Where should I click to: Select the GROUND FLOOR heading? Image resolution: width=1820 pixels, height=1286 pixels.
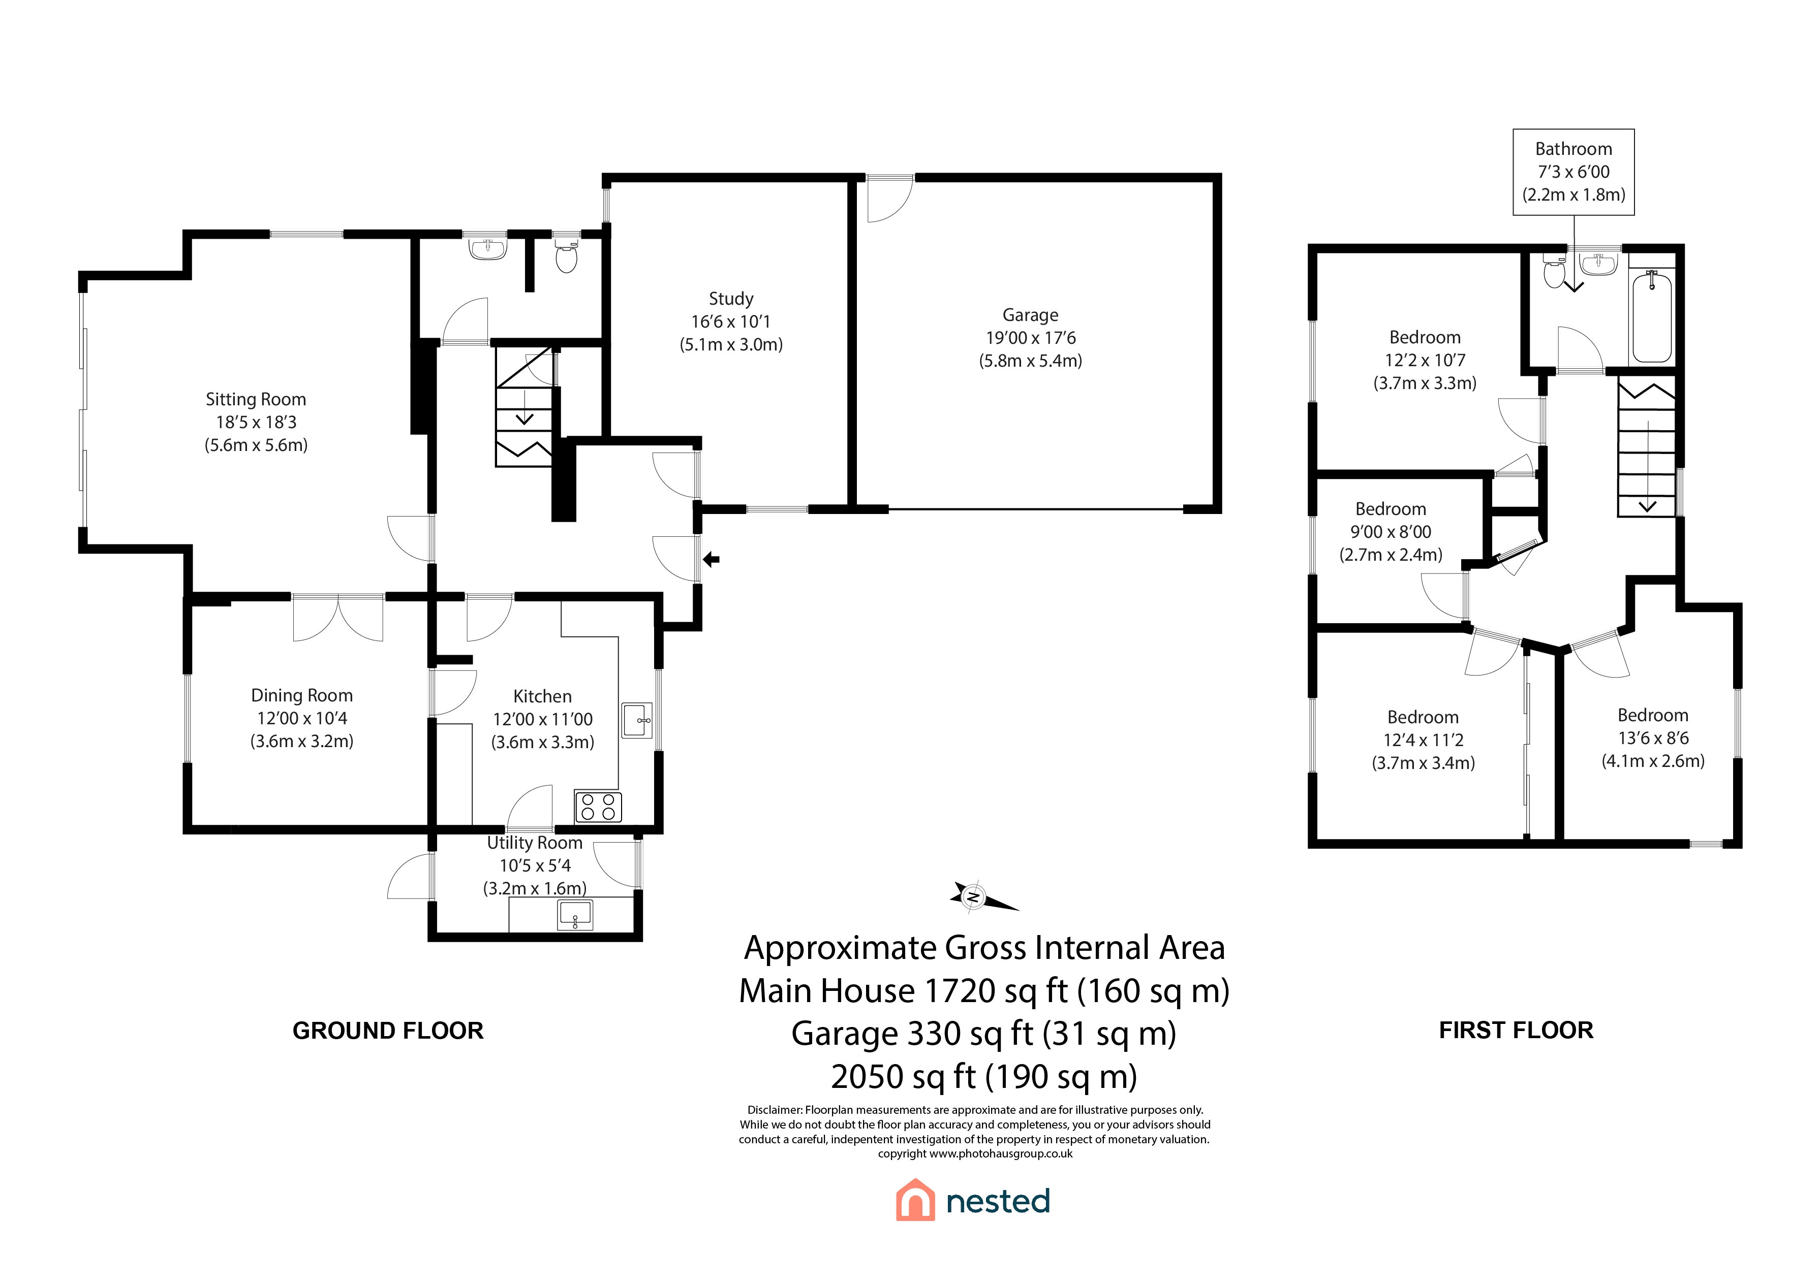click(x=388, y=1031)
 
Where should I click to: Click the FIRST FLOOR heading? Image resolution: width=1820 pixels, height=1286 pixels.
click(x=1516, y=1030)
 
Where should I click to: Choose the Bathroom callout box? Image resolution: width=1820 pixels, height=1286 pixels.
click(x=1574, y=172)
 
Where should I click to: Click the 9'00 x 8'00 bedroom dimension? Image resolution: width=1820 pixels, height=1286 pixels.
click(x=1391, y=532)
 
